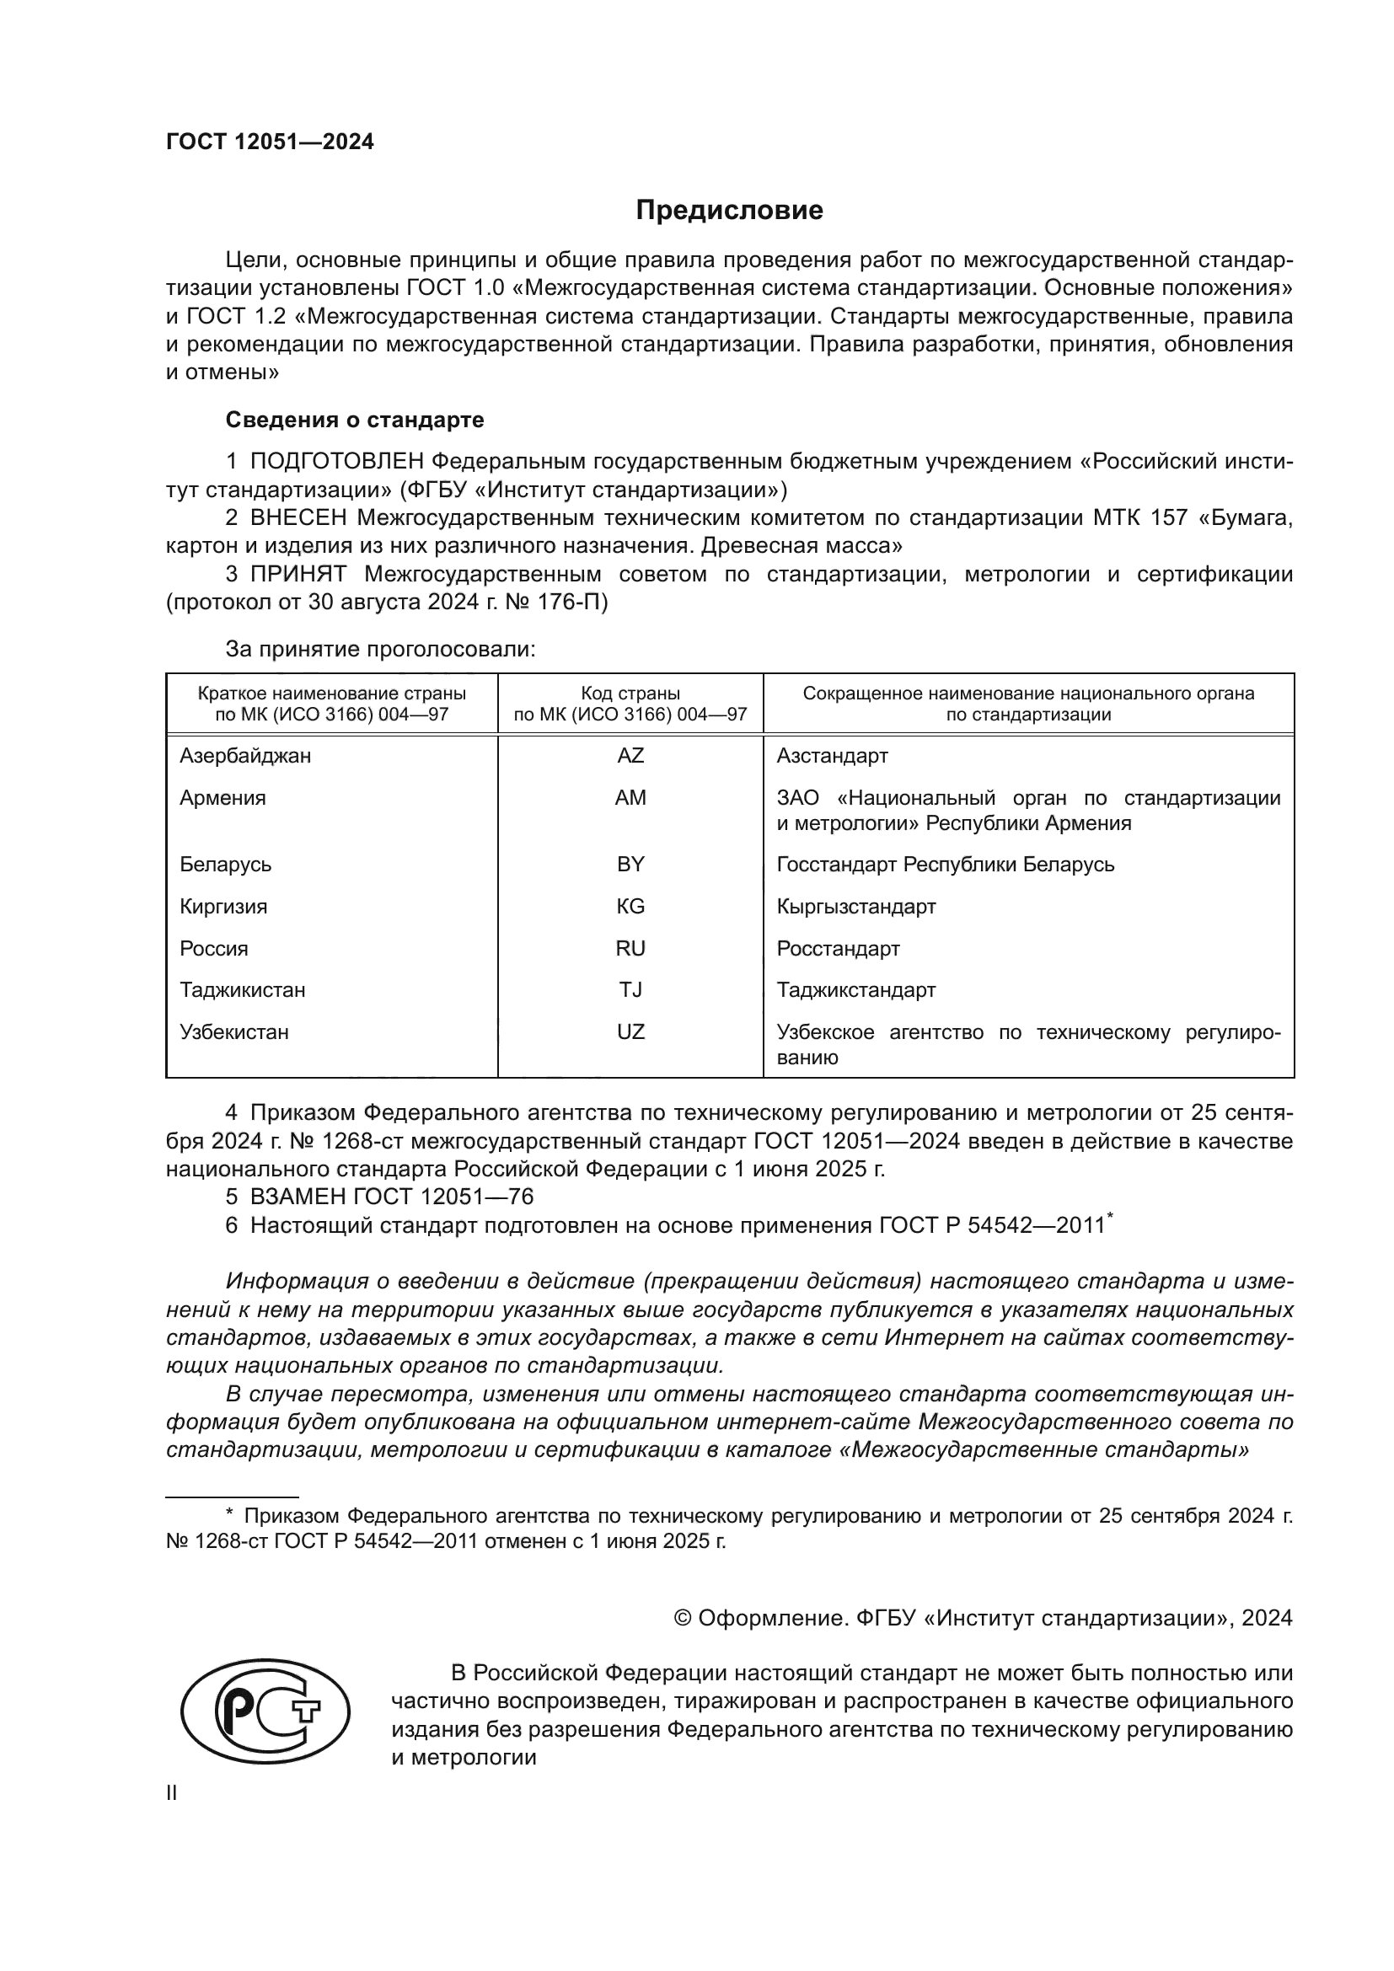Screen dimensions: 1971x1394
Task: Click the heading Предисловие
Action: point(729,211)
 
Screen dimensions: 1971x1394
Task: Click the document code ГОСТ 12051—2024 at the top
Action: point(270,142)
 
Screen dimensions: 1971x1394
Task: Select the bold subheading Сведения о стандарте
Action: point(355,420)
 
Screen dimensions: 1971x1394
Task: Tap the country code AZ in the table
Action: point(630,755)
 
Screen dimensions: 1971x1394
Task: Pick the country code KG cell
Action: point(630,907)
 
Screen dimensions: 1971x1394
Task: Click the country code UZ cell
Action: point(630,1032)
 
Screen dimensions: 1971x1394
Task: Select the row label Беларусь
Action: point(226,865)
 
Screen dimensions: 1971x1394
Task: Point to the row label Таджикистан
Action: point(242,990)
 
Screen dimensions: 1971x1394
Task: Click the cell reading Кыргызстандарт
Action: point(855,907)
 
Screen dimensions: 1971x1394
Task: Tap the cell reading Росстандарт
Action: point(838,949)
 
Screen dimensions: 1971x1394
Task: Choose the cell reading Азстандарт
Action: point(832,755)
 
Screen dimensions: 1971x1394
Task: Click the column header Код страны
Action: point(630,694)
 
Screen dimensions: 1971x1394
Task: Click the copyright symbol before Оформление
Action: point(684,1618)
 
